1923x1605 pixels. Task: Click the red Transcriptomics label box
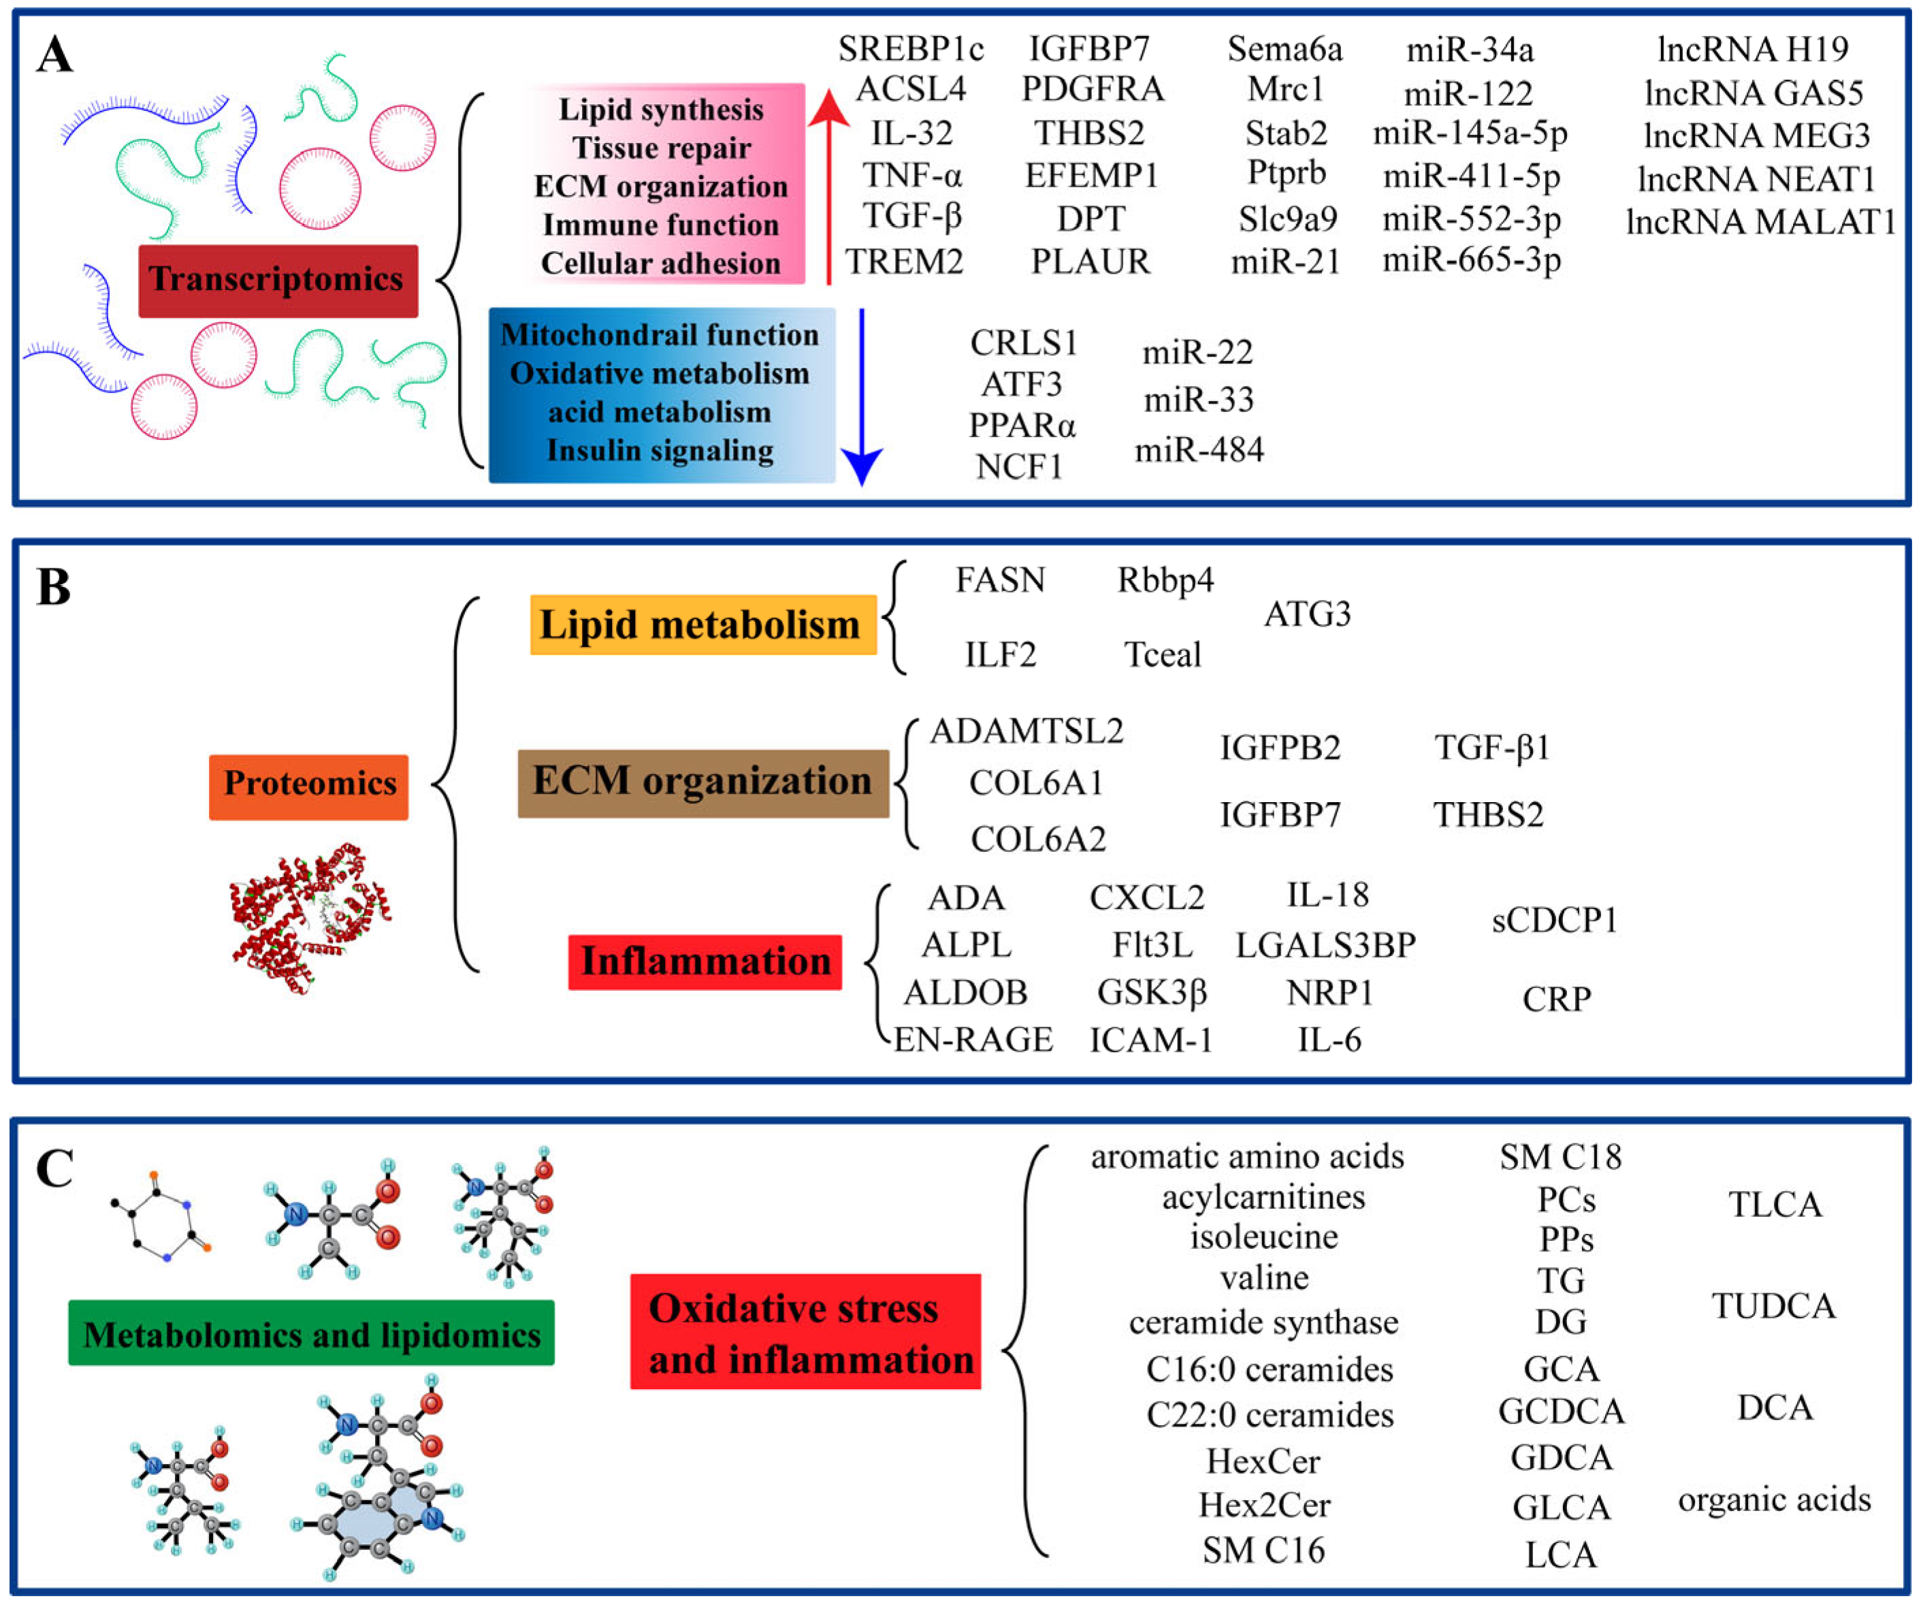(x=278, y=281)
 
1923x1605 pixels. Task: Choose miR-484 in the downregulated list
(x=1199, y=450)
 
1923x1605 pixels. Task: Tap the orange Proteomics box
(x=308, y=786)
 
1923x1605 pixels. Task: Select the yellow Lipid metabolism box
(x=702, y=625)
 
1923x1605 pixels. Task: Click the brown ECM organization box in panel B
(x=702, y=782)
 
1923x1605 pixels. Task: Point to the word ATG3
(x=1307, y=614)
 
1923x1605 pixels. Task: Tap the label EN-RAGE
(x=973, y=1040)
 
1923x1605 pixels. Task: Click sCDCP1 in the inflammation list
(x=1554, y=920)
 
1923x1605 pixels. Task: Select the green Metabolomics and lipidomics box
(x=310, y=1334)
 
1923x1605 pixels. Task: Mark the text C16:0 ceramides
(x=1269, y=1369)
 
